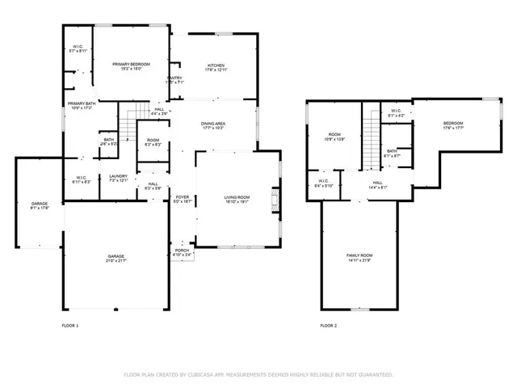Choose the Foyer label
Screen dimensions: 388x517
point(183,199)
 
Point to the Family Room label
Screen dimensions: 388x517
point(359,257)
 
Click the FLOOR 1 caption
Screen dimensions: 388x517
point(70,325)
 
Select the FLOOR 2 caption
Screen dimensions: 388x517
point(328,325)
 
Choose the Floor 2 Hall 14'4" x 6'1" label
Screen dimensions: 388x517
point(378,185)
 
